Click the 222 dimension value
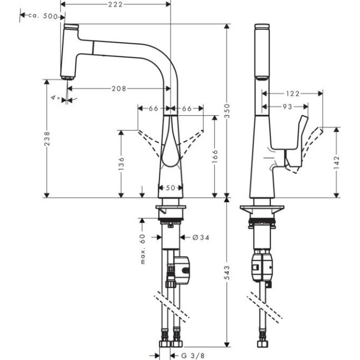115,4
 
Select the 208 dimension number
118,88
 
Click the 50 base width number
171,188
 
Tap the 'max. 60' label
142,249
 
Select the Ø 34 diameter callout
201,238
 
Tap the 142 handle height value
337,162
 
